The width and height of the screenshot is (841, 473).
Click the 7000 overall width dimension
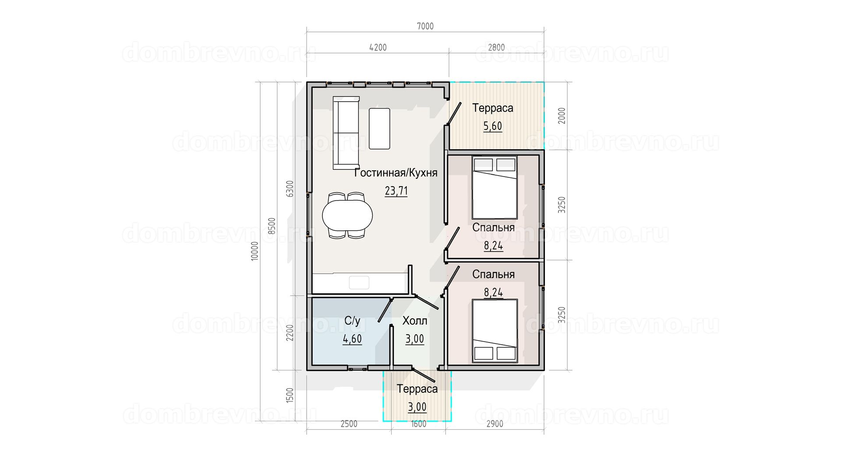pyautogui.click(x=425, y=26)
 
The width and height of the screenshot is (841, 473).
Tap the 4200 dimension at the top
pyautogui.click(x=378, y=47)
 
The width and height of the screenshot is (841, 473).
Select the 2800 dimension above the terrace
pyautogui.click(x=496, y=47)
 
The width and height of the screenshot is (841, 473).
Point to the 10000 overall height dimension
pyautogui.click(x=255, y=251)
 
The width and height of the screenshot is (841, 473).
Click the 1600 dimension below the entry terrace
pyautogui.click(x=418, y=424)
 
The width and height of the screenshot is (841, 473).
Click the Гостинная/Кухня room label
pyautogui.click(x=396, y=173)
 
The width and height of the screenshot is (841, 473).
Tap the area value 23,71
pyautogui.click(x=396, y=191)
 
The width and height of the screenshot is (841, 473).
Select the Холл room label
pyautogui.click(x=415, y=321)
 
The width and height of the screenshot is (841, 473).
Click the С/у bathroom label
pyautogui.click(x=352, y=321)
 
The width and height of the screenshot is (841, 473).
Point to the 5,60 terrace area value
pyautogui.click(x=493, y=127)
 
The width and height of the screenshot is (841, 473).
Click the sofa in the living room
pyautogui.click(x=346, y=133)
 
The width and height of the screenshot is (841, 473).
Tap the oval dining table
pyautogui.click(x=347, y=215)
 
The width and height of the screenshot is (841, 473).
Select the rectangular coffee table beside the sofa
pyautogui.click(x=379, y=129)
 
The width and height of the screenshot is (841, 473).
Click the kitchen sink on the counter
pyautogui.click(x=359, y=282)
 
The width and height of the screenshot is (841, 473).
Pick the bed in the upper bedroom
pyautogui.click(x=495, y=187)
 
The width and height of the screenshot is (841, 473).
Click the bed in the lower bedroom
pyautogui.click(x=495, y=331)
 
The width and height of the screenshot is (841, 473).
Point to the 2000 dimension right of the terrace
pyautogui.click(x=562, y=116)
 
